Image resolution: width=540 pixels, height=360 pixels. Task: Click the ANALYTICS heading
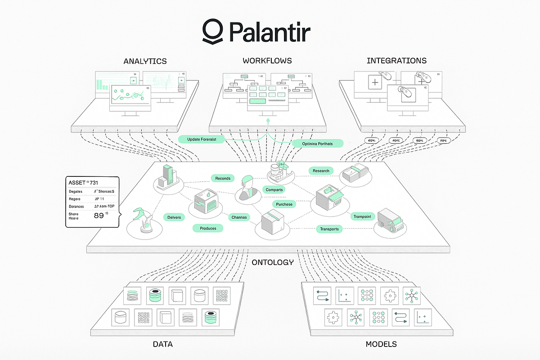coord(145,61)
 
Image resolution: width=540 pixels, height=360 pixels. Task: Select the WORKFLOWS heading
coord(267,60)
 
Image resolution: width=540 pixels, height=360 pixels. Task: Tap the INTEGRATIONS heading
coord(396,60)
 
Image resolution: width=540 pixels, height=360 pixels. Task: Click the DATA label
coord(162,344)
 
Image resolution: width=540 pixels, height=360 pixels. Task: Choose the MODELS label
coord(381,344)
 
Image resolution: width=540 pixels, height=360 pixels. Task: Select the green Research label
coord(321,171)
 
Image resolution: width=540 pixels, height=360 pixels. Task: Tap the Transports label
coord(330,229)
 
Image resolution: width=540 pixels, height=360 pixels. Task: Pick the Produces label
coord(208,228)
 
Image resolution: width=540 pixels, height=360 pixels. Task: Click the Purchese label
coord(284,204)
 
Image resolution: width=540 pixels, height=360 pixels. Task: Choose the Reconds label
coord(223,178)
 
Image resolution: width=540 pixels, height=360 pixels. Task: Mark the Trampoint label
coord(362,216)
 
